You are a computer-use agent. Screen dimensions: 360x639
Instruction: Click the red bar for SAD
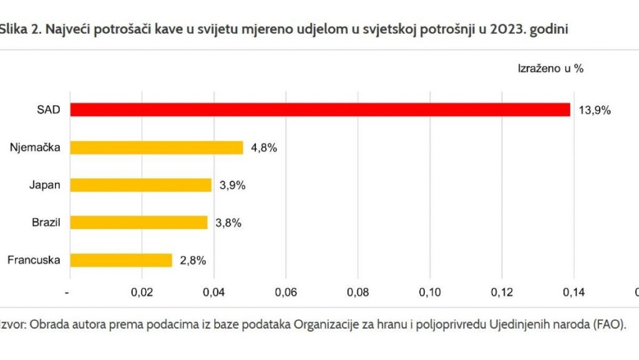coord(319,110)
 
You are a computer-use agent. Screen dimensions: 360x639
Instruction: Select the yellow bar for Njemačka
coord(156,147)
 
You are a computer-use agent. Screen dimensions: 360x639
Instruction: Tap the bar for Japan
coord(141,185)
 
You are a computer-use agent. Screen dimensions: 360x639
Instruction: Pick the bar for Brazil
coord(139,222)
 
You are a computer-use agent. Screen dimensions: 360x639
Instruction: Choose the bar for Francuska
coord(121,260)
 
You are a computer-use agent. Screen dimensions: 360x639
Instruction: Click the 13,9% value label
coord(595,110)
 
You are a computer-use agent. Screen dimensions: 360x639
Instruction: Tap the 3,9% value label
coord(232,185)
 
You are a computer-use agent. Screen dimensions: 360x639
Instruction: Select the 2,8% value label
coord(193,260)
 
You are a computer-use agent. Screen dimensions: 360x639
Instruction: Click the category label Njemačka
coord(35,147)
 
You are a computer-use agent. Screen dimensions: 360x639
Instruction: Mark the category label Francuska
coord(34,260)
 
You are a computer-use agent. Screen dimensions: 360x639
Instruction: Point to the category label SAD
coord(48,110)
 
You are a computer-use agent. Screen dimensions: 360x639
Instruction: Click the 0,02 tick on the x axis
coord(142,291)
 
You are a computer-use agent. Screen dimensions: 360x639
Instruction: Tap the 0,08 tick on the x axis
coord(358,291)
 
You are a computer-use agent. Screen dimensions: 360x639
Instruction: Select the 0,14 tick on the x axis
coord(573,291)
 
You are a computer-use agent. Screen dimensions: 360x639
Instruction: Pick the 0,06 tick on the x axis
coord(286,291)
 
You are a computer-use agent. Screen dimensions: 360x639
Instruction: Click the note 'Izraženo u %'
coord(550,69)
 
